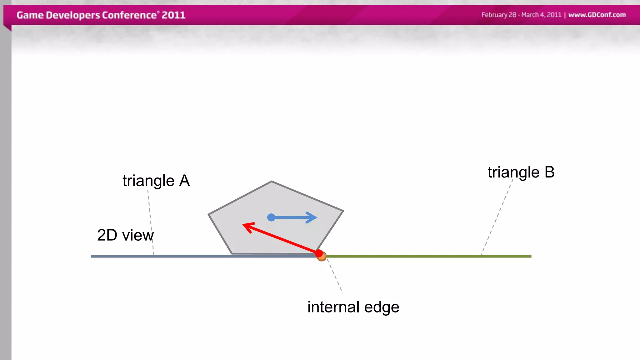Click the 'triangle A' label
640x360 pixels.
pyautogui.click(x=156, y=181)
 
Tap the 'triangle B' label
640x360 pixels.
pyautogui.click(x=521, y=172)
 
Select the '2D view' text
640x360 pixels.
pyautogui.click(x=125, y=235)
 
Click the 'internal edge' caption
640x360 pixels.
pyautogui.click(x=353, y=307)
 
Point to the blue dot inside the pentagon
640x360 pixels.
pyautogui.click(x=271, y=217)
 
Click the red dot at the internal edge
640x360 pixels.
pyautogui.click(x=319, y=253)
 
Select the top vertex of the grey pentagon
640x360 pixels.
pyautogui.click(x=272, y=182)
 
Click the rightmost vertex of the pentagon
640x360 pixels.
pyautogui.click(x=343, y=211)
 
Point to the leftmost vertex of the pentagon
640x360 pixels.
pyautogui.click(x=209, y=214)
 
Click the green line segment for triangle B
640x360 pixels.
pyautogui.click(x=428, y=256)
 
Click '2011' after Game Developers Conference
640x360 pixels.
pyautogui.click(x=173, y=15)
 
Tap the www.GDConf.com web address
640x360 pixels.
pyautogui.click(x=597, y=15)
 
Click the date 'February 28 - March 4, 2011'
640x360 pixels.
pyautogui.click(x=521, y=15)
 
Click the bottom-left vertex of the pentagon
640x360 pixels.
pyautogui.click(x=232, y=253)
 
